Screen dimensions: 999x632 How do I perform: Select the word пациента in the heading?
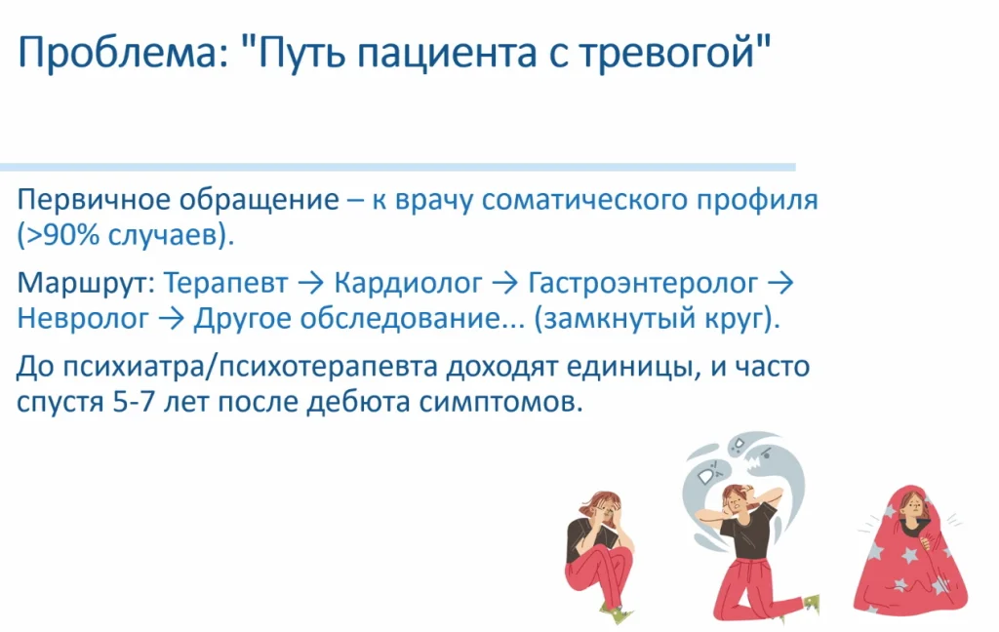(446, 55)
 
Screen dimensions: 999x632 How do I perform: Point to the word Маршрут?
(86, 284)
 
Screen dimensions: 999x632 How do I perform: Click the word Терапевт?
(225, 284)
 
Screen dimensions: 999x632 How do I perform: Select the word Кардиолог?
(408, 284)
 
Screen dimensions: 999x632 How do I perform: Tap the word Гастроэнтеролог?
(643, 284)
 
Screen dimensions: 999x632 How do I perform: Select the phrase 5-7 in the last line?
(134, 403)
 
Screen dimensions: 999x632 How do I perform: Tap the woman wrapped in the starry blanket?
(910, 551)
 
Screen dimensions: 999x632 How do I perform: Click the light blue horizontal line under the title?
(398, 168)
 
